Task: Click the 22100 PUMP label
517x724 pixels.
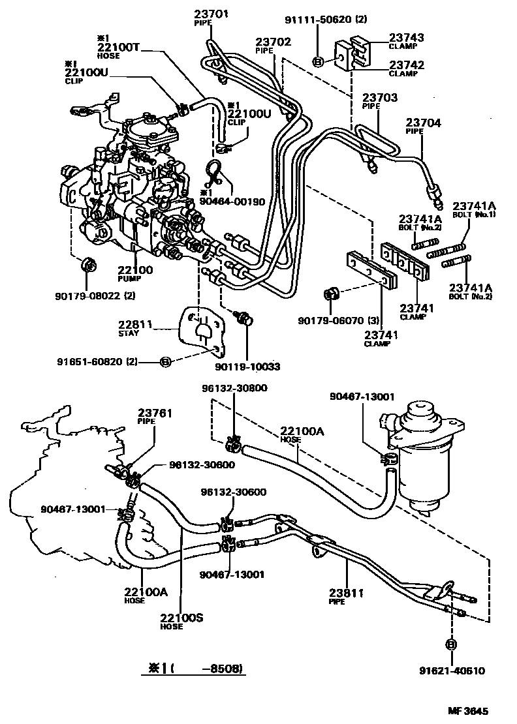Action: click(x=135, y=273)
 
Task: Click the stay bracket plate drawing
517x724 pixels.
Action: click(x=204, y=329)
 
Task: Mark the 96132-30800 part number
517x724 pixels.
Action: click(x=234, y=388)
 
